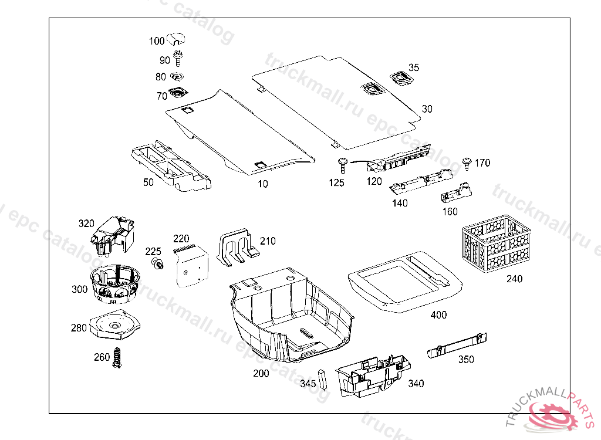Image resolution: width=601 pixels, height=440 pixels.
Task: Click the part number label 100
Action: pos(157,41)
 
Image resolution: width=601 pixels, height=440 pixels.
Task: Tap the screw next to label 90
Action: pos(178,59)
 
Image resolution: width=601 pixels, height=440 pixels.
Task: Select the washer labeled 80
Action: pos(177,76)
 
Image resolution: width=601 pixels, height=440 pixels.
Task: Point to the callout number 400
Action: pos(438,315)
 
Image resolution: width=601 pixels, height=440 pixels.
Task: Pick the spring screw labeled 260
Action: pos(117,357)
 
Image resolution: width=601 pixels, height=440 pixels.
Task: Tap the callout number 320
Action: pos(86,224)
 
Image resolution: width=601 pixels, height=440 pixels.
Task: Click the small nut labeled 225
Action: pos(157,265)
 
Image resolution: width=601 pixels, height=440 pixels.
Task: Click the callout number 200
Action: pos(261,374)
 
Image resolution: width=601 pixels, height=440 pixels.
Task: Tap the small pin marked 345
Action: pos(322,379)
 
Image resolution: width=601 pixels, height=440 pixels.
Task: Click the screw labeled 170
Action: pos(467,163)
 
